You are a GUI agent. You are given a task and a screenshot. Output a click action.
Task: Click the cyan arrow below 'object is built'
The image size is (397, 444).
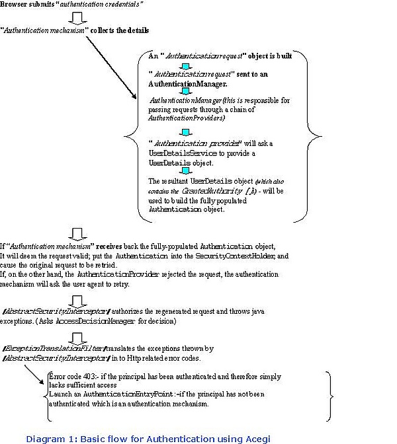pyautogui.click(x=187, y=66)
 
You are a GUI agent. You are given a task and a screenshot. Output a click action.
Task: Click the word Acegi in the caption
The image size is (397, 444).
pyautogui.click(x=255, y=438)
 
